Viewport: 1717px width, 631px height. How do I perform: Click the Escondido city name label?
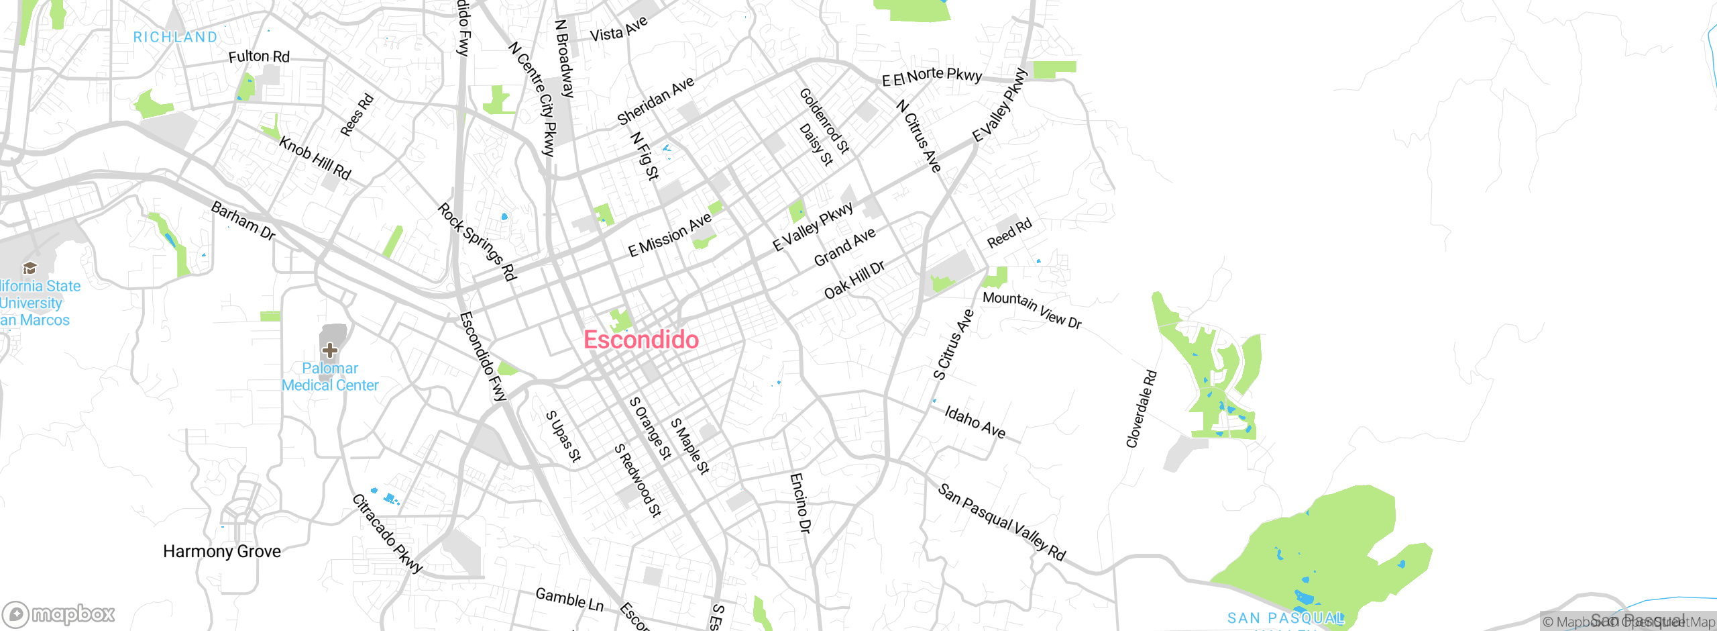point(641,340)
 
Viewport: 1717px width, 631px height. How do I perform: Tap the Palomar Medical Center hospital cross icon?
point(329,350)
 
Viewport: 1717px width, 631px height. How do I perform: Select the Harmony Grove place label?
point(222,551)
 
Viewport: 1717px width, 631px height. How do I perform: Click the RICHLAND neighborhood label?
point(175,37)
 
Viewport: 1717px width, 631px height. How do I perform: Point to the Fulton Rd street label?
point(259,56)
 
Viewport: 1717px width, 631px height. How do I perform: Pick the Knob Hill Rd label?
point(315,158)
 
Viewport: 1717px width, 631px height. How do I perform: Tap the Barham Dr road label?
point(243,220)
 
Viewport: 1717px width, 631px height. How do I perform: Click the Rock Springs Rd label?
point(478,242)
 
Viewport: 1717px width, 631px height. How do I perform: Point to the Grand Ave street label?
point(844,247)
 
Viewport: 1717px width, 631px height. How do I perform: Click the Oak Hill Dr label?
point(854,279)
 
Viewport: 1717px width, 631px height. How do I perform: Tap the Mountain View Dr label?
point(1032,309)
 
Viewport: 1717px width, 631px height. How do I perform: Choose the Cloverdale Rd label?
point(1142,408)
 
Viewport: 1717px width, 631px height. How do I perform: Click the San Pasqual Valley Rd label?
point(1001,522)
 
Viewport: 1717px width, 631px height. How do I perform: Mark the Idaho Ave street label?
point(975,422)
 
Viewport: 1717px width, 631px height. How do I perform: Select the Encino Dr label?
point(800,503)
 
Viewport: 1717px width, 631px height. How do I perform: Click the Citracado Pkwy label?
point(388,534)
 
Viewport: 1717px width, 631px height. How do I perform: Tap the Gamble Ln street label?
point(569,599)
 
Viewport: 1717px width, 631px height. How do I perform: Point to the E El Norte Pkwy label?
point(932,77)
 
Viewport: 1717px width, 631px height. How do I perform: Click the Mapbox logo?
point(59,614)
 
